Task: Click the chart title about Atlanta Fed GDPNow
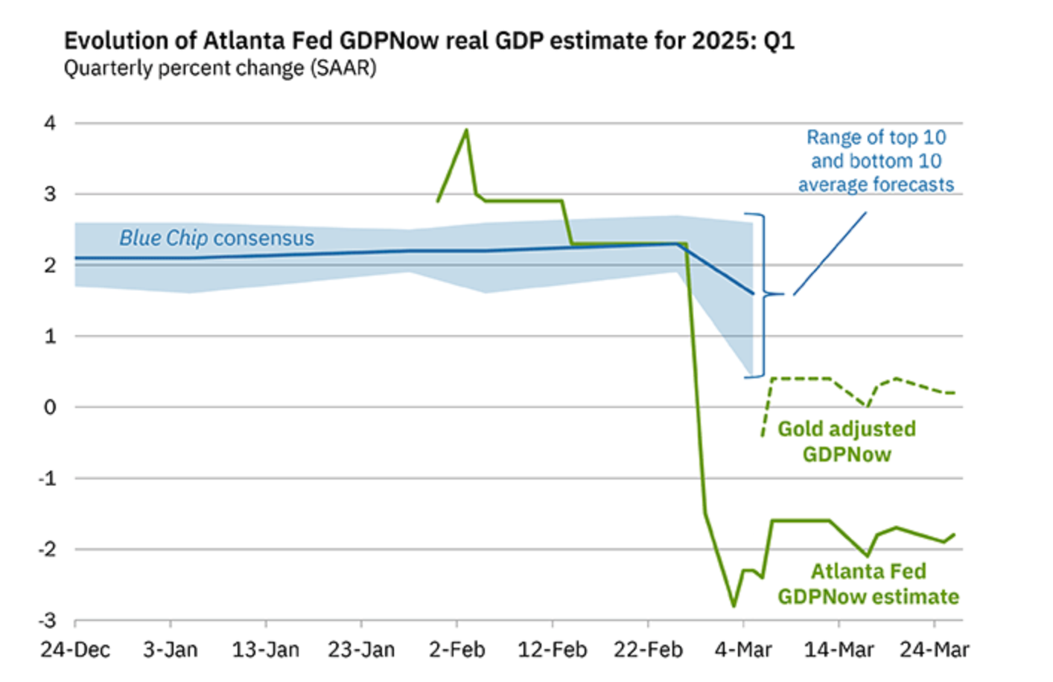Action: point(429,40)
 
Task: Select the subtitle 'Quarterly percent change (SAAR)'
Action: point(220,68)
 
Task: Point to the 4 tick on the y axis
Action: point(50,123)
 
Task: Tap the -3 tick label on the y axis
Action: point(48,620)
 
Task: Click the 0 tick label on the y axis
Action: point(50,407)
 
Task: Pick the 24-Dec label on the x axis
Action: point(75,650)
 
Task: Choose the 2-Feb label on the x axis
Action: point(456,650)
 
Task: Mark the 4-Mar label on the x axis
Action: point(743,650)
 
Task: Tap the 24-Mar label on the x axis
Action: point(934,650)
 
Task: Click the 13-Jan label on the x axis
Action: point(266,650)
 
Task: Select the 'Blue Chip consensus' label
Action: point(217,238)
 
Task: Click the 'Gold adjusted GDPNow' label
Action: point(847,442)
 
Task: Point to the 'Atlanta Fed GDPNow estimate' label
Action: point(868,584)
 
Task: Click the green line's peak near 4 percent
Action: point(466,130)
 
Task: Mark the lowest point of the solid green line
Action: point(734,606)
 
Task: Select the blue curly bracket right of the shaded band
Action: point(764,295)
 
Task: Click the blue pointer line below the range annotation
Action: point(830,253)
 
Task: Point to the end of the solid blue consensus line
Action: point(752,293)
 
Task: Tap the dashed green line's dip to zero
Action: point(867,406)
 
